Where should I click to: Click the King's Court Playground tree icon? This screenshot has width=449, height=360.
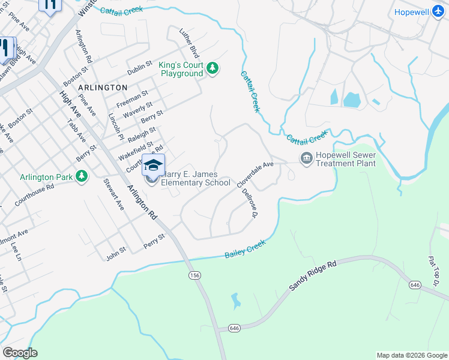coord(212,69)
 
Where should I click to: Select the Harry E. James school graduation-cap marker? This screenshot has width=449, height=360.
coord(153,165)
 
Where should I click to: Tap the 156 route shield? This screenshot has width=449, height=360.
coord(194,275)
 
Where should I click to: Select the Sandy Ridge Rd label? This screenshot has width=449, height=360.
coord(313,275)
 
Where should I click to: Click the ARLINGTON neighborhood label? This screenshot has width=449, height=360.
coord(103,88)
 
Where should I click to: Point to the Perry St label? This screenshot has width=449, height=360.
coord(154,242)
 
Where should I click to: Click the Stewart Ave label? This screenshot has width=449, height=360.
coord(113,193)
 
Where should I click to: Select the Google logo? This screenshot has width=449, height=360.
coord(20,353)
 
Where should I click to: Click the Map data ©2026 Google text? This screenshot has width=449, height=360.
coord(411,355)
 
